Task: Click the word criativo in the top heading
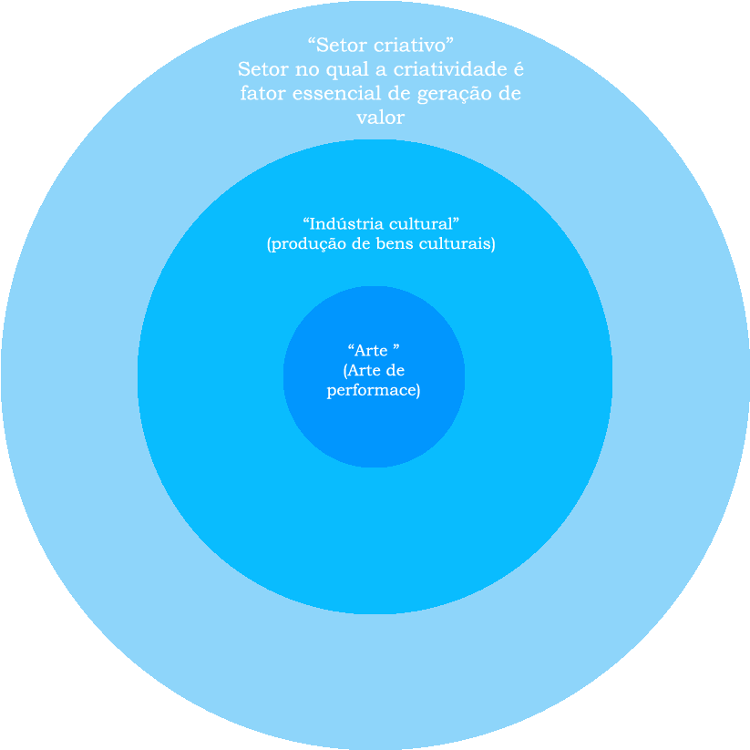pyautogui.click(x=415, y=45)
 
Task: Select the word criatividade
pyautogui.click(x=447, y=69)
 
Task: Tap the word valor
pyautogui.click(x=381, y=118)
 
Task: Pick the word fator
pyautogui.click(x=261, y=94)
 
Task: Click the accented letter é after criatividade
pyautogui.click(x=519, y=69)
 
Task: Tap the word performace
pyautogui.click(x=374, y=391)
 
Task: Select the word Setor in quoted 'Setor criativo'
pyautogui.click(x=339, y=45)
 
